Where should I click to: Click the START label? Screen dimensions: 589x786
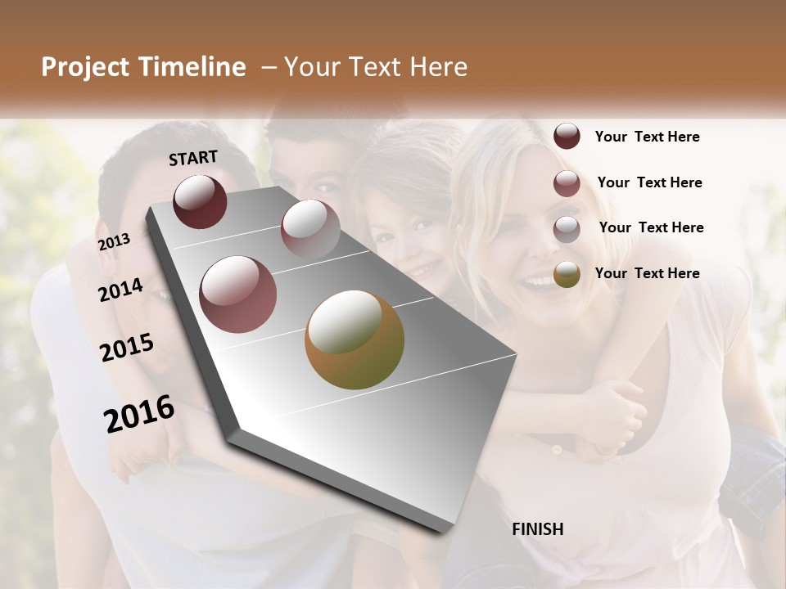click(193, 158)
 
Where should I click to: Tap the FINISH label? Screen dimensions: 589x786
click(538, 529)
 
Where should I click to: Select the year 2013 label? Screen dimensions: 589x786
click(115, 242)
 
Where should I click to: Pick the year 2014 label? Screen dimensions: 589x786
click(121, 290)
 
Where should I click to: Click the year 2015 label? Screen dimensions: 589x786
click(127, 348)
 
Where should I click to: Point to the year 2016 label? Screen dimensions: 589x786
click(139, 414)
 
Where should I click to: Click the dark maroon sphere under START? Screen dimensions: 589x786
click(200, 201)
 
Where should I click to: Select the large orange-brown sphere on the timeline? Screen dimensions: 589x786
click(355, 339)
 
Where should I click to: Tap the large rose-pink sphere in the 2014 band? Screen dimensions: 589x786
click(238, 294)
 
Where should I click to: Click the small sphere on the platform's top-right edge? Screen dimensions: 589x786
click(310, 228)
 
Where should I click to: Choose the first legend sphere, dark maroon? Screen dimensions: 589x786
click(567, 137)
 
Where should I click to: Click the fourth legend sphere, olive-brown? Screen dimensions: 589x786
click(567, 275)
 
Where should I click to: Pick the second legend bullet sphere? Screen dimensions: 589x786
click(567, 183)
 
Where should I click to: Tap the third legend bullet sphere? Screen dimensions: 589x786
click(567, 229)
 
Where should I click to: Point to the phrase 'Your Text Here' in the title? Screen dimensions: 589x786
click(376, 67)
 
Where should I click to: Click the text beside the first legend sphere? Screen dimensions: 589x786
click(647, 137)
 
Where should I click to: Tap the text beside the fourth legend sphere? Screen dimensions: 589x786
click(647, 273)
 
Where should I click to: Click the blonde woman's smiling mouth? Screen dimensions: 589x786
click(540, 282)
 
